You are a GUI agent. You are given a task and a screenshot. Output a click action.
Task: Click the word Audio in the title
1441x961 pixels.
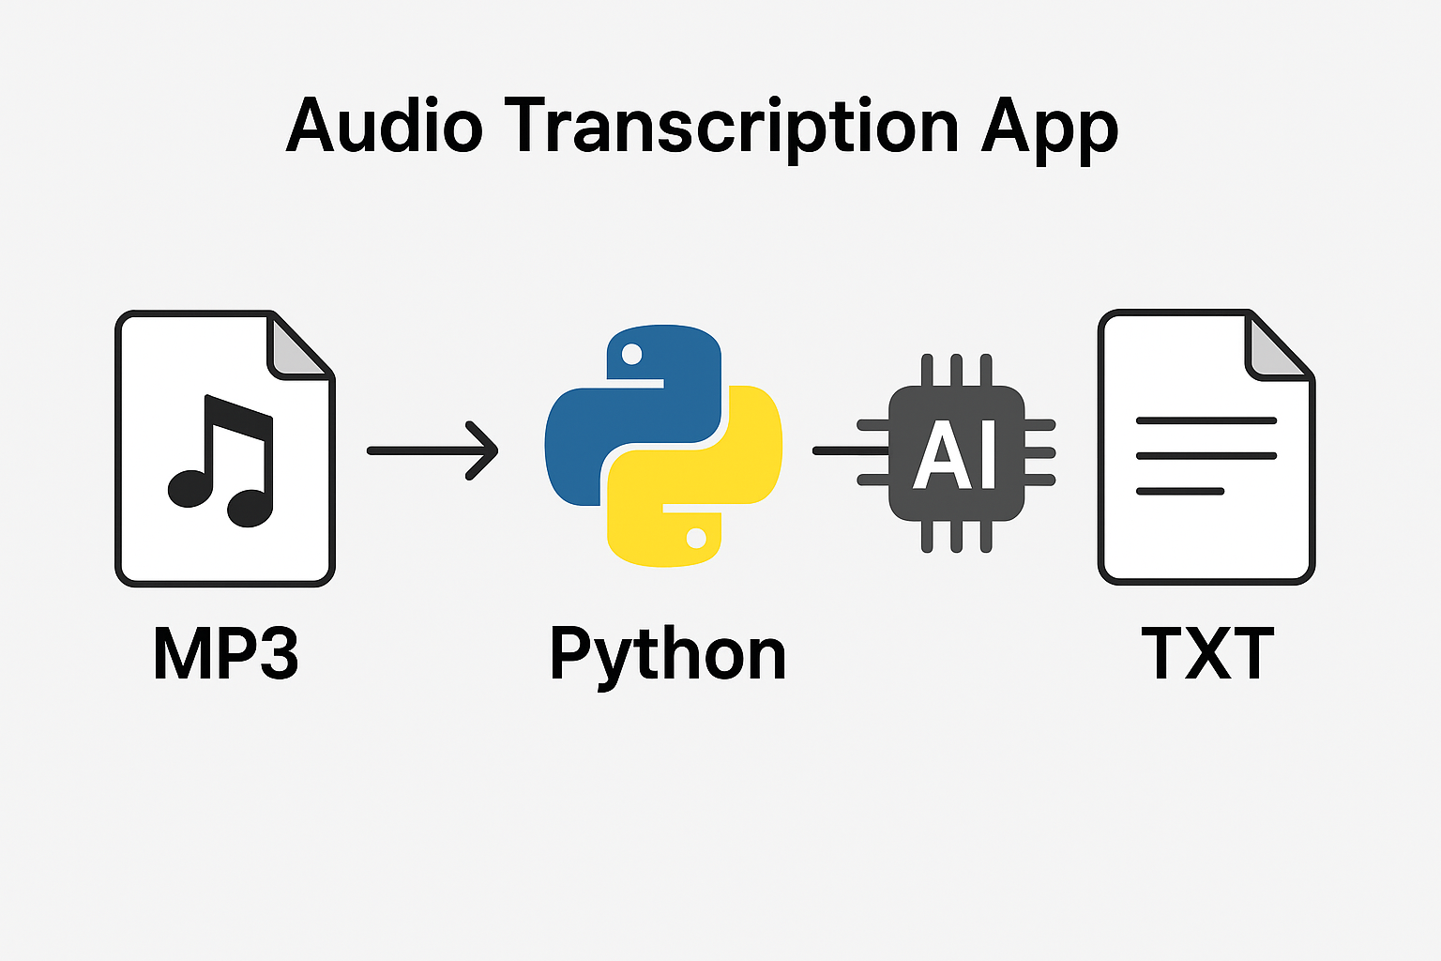pyautogui.click(x=384, y=126)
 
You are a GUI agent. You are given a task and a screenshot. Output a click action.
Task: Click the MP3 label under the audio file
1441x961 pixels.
pyautogui.click(x=225, y=654)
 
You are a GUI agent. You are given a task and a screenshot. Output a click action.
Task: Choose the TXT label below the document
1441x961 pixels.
pyautogui.click(x=1207, y=654)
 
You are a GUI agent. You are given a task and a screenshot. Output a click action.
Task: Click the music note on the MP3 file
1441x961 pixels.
pyautogui.click(x=221, y=460)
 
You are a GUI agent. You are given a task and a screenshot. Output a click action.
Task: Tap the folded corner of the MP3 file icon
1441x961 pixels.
pyautogui.click(x=297, y=347)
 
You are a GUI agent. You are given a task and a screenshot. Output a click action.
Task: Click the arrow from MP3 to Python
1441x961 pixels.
pyautogui.click(x=432, y=450)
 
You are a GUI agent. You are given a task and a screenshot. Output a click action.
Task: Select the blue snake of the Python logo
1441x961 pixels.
pyautogui.click(x=638, y=394)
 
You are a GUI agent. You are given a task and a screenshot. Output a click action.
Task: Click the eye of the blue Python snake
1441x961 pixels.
pyautogui.click(x=631, y=354)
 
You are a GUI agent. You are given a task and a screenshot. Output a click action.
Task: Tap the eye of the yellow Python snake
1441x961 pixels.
pyautogui.click(x=696, y=538)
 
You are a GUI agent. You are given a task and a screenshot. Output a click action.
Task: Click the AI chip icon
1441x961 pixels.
pyautogui.click(x=956, y=453)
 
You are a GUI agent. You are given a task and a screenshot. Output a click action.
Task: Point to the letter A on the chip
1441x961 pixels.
pyautogui.click(x=938, y=455)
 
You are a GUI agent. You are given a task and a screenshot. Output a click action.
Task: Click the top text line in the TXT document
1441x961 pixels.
pyautogui.click(x=1206, y=420)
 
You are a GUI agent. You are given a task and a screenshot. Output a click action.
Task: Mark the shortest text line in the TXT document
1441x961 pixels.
pyautogui.click(x=1180, y=491)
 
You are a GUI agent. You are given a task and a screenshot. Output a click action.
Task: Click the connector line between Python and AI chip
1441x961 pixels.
pyautogui.click(x=844, y=450)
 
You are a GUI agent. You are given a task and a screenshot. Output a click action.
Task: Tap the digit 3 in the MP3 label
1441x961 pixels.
pyautogui.click(x=278, y=654)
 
